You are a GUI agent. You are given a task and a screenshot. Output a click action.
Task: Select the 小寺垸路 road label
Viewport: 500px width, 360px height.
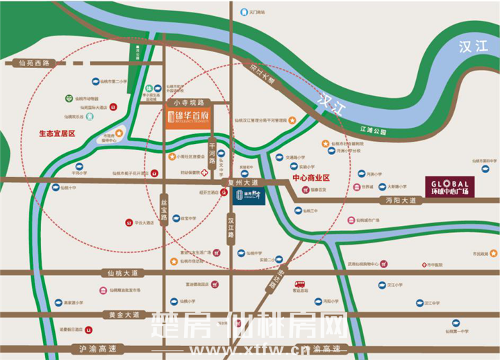point(180,102)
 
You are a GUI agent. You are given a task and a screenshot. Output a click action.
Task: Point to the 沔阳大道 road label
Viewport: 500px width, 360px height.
point(401,200)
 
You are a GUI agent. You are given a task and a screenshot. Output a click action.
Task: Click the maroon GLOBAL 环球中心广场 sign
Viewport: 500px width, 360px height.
point(449,187)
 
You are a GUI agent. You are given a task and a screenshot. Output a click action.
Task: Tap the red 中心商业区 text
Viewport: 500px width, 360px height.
point(310,178)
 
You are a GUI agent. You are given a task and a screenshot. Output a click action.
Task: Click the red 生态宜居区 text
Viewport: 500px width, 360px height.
point(56,132)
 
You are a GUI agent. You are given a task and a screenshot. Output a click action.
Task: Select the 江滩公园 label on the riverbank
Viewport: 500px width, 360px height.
point(372,129)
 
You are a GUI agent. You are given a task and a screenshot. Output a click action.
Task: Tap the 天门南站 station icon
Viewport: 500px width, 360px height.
point(242,12)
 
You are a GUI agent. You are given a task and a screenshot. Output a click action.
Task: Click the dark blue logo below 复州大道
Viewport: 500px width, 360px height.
point(248,195)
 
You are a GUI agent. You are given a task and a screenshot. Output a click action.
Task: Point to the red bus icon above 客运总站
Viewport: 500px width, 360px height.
point(300,284)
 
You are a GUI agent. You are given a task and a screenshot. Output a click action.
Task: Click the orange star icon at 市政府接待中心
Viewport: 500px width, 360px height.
point(119,133)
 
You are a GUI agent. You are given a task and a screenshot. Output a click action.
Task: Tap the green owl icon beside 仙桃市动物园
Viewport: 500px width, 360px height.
point(69,99)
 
